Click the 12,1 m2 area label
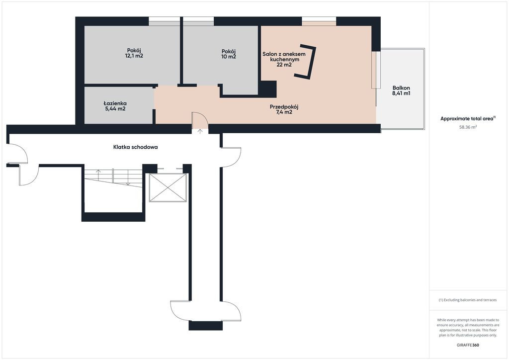pyautogui.click(x=134, y=56)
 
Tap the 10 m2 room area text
pyautogui.click(x=229, y=57)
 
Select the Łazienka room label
pyautogui.click(x=115, y=103)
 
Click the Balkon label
pyautogui.click(x=401, y=88)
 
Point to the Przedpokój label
pyautogui.click(x=284, y=107)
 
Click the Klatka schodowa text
pyautogui.click(x=135, y=147)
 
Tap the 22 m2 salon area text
pyautogui.click(x=284, y=65)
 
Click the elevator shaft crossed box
pyautogui.click(x=168, y=187)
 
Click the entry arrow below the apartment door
pyautogui.click(x=200, y=131)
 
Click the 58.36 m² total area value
pyautogui.click(x=468, y=127)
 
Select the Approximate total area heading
pyautogui.click(x=468, y=119)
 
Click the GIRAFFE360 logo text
pyautogui.click(x=468, y=345)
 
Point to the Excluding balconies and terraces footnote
pyautogui.click(x=468, y=300)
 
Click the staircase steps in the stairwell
pyautogui.click(x=113, y=178)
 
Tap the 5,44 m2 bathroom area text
pyautogui.click(x=115, y=109)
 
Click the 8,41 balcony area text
pyautogui.click(x=401, y=93)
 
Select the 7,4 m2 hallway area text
pyautogui.click(x=284, y=112)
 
